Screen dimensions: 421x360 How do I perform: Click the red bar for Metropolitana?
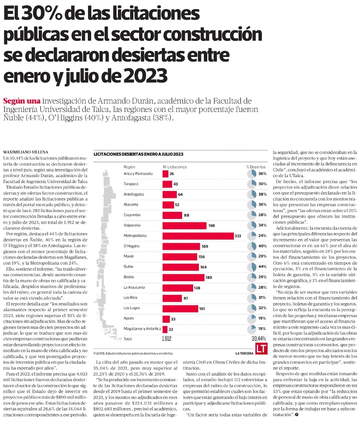coord(198,236)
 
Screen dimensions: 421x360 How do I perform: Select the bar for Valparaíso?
coord(185,226)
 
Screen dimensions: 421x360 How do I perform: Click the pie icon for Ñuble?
coord(252,267)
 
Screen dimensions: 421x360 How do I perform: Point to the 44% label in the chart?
coord(262,267)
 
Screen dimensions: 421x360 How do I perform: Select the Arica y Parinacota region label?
coord(138,173)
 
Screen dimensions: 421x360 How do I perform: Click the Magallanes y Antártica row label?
coord(142,329)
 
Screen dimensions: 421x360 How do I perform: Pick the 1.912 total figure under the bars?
coord(167,339)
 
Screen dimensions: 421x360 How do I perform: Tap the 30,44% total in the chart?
coord(259,339)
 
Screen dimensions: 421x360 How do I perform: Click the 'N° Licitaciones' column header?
coord(175,167)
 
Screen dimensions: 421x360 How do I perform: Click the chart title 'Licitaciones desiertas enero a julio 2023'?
coord(138,154)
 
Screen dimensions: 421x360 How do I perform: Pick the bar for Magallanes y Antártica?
coord(165,329)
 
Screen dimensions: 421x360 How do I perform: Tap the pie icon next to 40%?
coord(252,246)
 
